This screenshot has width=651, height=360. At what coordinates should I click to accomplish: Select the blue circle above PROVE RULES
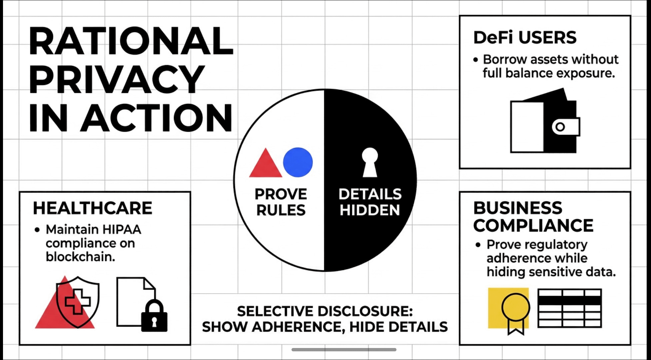(298, 162)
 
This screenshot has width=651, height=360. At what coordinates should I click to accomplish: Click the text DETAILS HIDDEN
(370, 202)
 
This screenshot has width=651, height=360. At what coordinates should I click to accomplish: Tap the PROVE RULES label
(281, 202)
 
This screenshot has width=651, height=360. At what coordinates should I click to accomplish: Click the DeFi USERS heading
(525, 37)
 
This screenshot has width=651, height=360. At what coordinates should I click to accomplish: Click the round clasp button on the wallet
(560, 127)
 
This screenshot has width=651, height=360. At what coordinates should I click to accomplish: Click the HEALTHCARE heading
(93, 208)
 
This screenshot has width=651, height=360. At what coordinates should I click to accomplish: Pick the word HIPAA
(122, 229)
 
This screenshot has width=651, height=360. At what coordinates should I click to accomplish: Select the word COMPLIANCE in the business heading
(533, 226)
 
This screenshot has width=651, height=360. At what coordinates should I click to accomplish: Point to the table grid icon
(569, 308)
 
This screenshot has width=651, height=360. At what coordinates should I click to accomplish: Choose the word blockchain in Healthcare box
(80, 257)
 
